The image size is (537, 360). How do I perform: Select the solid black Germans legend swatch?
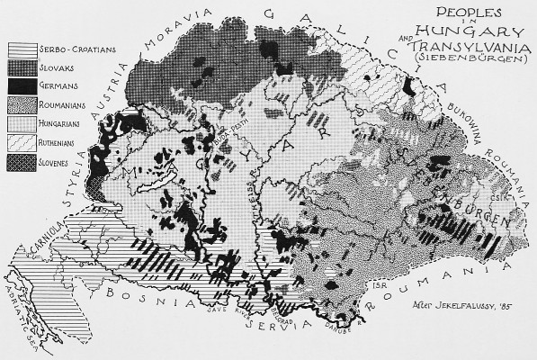(x=22, y=86)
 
